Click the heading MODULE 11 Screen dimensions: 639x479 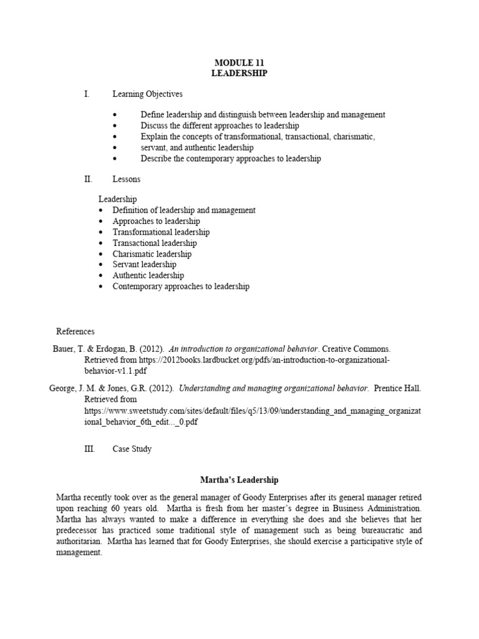(x=240, y=63)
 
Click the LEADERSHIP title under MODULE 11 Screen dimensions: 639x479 (x=240, y=73)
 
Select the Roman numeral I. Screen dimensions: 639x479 (x=87, y=94)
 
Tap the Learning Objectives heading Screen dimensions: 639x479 (x=147, y=94)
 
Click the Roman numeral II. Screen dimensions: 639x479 (x=87, y=179)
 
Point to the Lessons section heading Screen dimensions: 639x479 (x=126, y=179)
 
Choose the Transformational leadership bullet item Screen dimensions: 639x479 (x=161, y=232)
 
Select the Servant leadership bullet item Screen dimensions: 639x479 (x=144, y=265)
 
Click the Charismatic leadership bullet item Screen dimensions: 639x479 (x=152, y=254)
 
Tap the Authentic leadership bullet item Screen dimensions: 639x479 (x=148, y=275)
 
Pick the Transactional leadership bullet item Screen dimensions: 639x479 (x=154, y=243)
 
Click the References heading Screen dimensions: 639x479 (x=75, y=331)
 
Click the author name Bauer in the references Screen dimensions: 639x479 (x=64, y=349)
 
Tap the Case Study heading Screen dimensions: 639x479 (x=132, y=449)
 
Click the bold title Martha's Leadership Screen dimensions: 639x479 (x=239, y=480)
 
